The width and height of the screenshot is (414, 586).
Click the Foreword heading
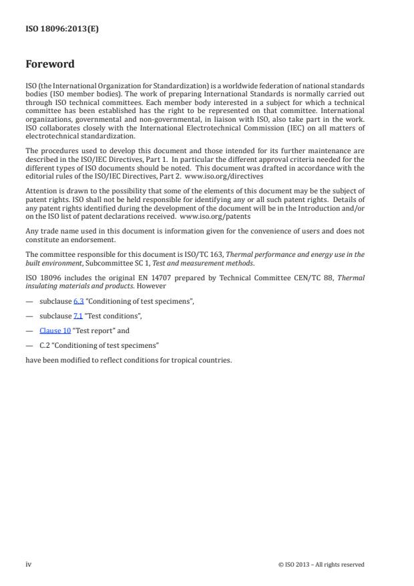tap(49, 65)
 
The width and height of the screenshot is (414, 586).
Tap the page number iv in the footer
tap(28, 564)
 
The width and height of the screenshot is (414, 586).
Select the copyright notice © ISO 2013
tap(321, 565)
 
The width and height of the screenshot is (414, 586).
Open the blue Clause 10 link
tap(55, 330)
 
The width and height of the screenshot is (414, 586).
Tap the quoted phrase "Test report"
tap(91, 330)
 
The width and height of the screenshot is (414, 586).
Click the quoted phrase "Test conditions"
tap(112, 316)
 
